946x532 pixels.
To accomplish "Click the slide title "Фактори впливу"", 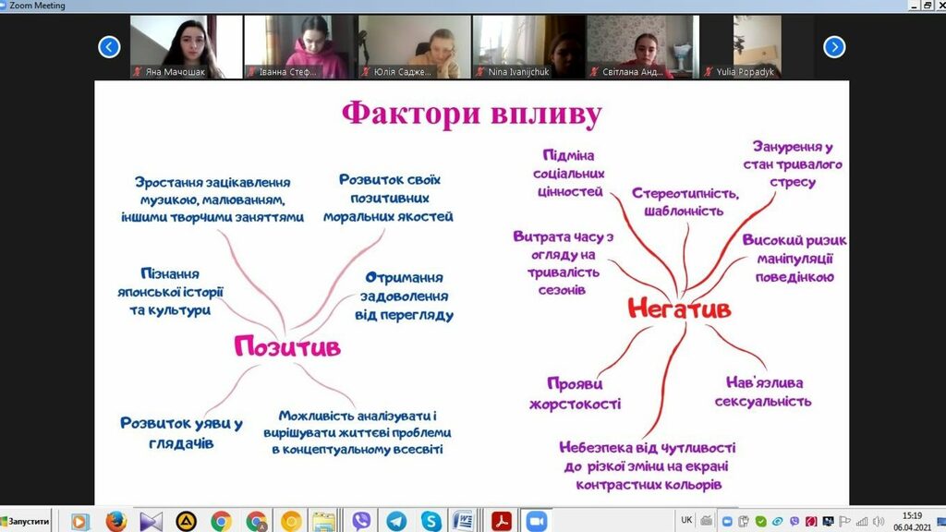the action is pos(472,115).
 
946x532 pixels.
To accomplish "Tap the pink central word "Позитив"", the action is pos(287,347).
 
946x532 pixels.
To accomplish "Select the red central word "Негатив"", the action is pos(679,308).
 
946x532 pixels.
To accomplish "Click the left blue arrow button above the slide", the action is pos(109,47).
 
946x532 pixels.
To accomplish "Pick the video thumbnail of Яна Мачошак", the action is pos(187,47).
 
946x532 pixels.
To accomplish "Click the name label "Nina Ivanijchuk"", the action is pos(518,72).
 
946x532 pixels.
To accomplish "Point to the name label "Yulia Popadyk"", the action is pos(746,72).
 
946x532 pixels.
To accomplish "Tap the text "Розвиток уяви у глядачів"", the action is pos(181,433).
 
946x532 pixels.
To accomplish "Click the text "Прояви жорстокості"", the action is pos(575,393).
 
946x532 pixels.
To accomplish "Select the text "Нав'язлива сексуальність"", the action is pos(763,392).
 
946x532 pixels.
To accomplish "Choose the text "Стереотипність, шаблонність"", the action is pos(685,202).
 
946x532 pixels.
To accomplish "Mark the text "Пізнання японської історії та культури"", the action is pos(170,292).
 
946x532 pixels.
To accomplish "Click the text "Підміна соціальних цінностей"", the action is pos(568,174).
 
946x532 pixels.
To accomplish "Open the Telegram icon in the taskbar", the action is pos(396,521).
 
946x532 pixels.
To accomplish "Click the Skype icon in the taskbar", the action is pos(431,521).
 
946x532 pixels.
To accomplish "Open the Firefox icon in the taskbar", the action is pos(115,521).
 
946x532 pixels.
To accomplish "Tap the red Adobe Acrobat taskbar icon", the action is pos(501,521).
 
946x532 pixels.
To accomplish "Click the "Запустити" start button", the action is pos(25,521).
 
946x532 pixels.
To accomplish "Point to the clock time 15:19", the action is pos(912,515).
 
